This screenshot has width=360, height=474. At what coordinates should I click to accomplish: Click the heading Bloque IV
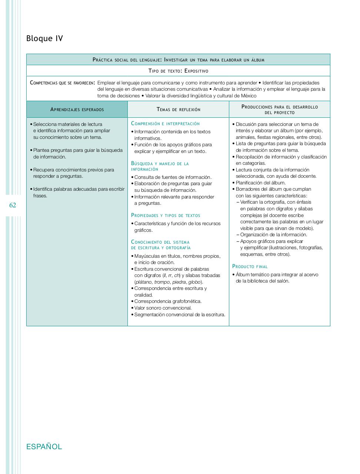click(44, 39)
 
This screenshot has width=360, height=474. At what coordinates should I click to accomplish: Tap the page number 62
click(13, 205)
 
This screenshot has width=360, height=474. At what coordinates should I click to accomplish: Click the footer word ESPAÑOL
click(44, 447)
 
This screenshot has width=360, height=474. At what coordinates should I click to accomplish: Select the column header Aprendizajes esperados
click(77, 110)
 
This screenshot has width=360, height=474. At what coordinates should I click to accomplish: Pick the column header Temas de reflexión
click(178, 110)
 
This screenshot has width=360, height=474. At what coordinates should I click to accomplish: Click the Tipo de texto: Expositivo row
click(178, 71)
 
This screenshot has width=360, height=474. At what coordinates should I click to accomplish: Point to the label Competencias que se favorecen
click(62, 83)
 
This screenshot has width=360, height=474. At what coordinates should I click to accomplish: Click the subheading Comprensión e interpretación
click(165, 124)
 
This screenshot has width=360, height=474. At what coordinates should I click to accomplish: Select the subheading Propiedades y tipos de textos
click(166, 215)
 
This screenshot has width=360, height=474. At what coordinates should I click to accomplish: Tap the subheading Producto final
click(250, 266)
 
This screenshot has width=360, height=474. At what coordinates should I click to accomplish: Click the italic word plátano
click(144, 282)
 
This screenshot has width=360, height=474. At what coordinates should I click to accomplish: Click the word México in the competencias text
click(249, 96)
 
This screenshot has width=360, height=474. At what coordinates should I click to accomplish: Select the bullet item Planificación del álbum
click(260, 183)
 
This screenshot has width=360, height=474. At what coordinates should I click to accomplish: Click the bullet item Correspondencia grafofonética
click(168, 301)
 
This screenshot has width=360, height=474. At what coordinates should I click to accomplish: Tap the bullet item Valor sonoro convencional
click(163, 308)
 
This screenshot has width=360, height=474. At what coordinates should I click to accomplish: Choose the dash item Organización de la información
click(273, 235)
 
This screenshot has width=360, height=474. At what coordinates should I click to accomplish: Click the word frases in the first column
click(40, 196)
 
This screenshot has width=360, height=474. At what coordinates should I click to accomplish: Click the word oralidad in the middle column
click(143, 295)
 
